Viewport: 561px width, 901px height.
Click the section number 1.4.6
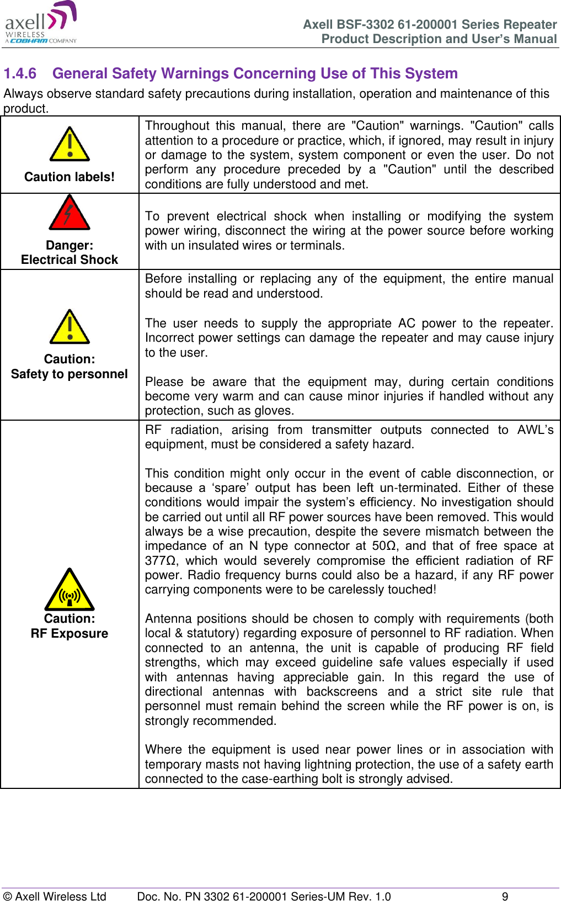tap(20, 73)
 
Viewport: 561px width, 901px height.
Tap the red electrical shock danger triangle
tap(70, 214)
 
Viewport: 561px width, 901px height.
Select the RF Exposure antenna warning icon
tap(70, 591)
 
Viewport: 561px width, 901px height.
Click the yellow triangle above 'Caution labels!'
tap(70, 145)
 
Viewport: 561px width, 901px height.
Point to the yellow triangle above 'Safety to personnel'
tap(70, 328)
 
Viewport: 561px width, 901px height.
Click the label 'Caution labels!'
tap(70, 177)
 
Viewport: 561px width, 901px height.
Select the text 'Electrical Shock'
tap(70, 259)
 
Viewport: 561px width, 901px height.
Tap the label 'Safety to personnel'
tap(70, 374)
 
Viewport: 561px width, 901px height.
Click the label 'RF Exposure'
tap(70, 633)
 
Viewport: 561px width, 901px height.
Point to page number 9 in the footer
tap(505, 896)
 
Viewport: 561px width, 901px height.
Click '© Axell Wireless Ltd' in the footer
tap(55, 896)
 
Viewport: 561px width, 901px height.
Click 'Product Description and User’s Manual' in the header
tap(439, 39)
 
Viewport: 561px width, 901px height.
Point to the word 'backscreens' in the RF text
tap(342, 692)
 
